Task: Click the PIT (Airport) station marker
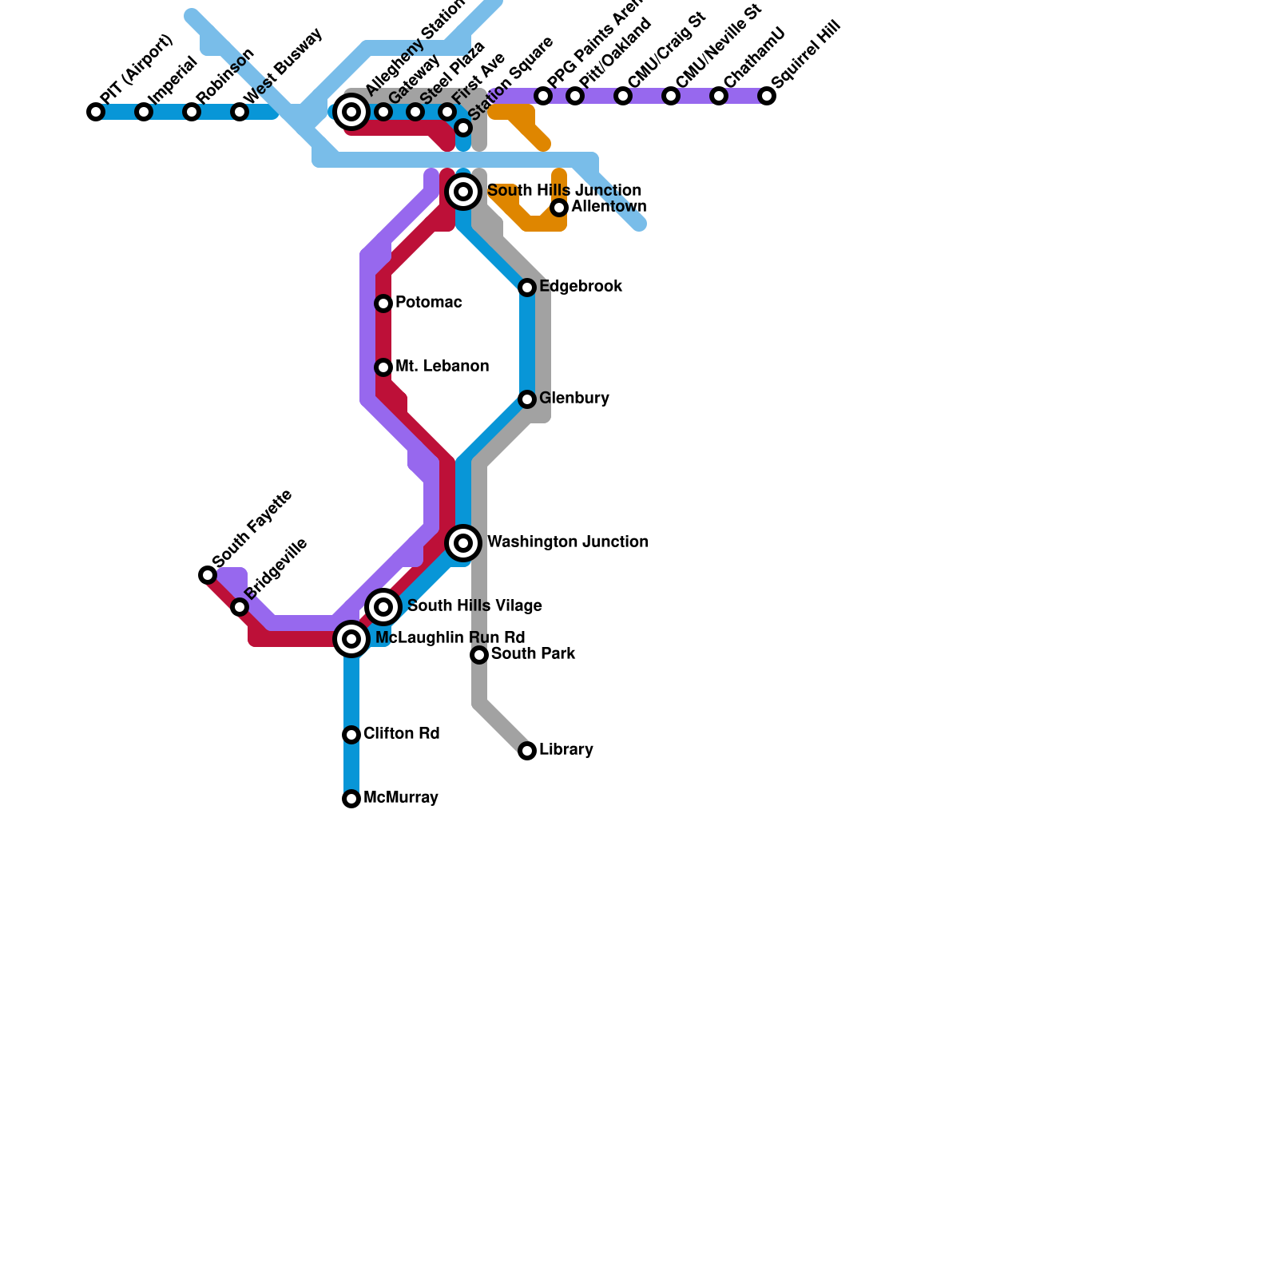pos(96,112)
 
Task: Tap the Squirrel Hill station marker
pos(767,96)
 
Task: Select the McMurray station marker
pos(351,799)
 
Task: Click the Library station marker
pos(527,751)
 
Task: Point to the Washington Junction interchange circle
pos(463,543)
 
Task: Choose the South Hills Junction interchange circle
pos(463,192)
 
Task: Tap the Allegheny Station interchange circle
pos(351,112)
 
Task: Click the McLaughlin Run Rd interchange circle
pos(351,639)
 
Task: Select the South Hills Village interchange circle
pos(383,607)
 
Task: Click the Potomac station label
pos(428,303)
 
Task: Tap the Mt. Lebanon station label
pos(442,367)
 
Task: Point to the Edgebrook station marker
pos(527,288)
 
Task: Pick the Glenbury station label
pos(574,399)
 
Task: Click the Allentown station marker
pos(559,208)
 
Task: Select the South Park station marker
pos(479,655)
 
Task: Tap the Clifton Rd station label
pos(401,734)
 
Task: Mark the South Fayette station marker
pos(208,575)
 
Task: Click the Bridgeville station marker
pos(240,607)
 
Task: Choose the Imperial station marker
pos(144,112)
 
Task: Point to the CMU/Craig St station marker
pos(623,96)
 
